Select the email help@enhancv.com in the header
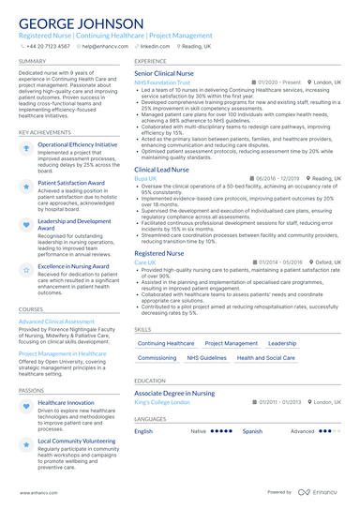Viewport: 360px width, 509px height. pyautogui.click(x=105, y=45)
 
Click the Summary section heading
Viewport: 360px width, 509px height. pyautogui.click(x=32, y=60)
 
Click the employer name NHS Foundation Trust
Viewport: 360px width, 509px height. pyautogui.click(x=162, y=82)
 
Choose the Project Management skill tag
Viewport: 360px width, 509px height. pyautogui.click(x=232, y=344)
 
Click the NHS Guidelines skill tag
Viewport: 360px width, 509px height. pyautogui.click(x=206, y=358)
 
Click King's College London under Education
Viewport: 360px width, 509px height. pyautogui.click(x=161, y=401)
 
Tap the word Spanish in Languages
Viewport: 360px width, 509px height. pyautogui.click(x=252, y=431)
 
